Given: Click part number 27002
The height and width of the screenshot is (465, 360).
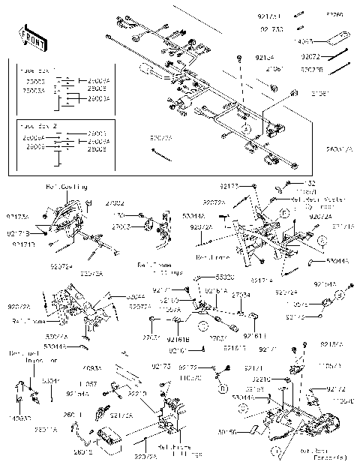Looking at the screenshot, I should coord(115,202).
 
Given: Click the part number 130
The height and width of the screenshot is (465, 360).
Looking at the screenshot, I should coord(119,215).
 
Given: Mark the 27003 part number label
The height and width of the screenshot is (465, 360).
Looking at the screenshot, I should coord(121,226).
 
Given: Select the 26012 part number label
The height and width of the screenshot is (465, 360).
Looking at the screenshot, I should coord(83,452).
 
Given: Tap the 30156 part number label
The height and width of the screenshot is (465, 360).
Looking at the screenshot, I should coord(248,432).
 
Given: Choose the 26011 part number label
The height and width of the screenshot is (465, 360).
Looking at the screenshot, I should coord(73,414).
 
